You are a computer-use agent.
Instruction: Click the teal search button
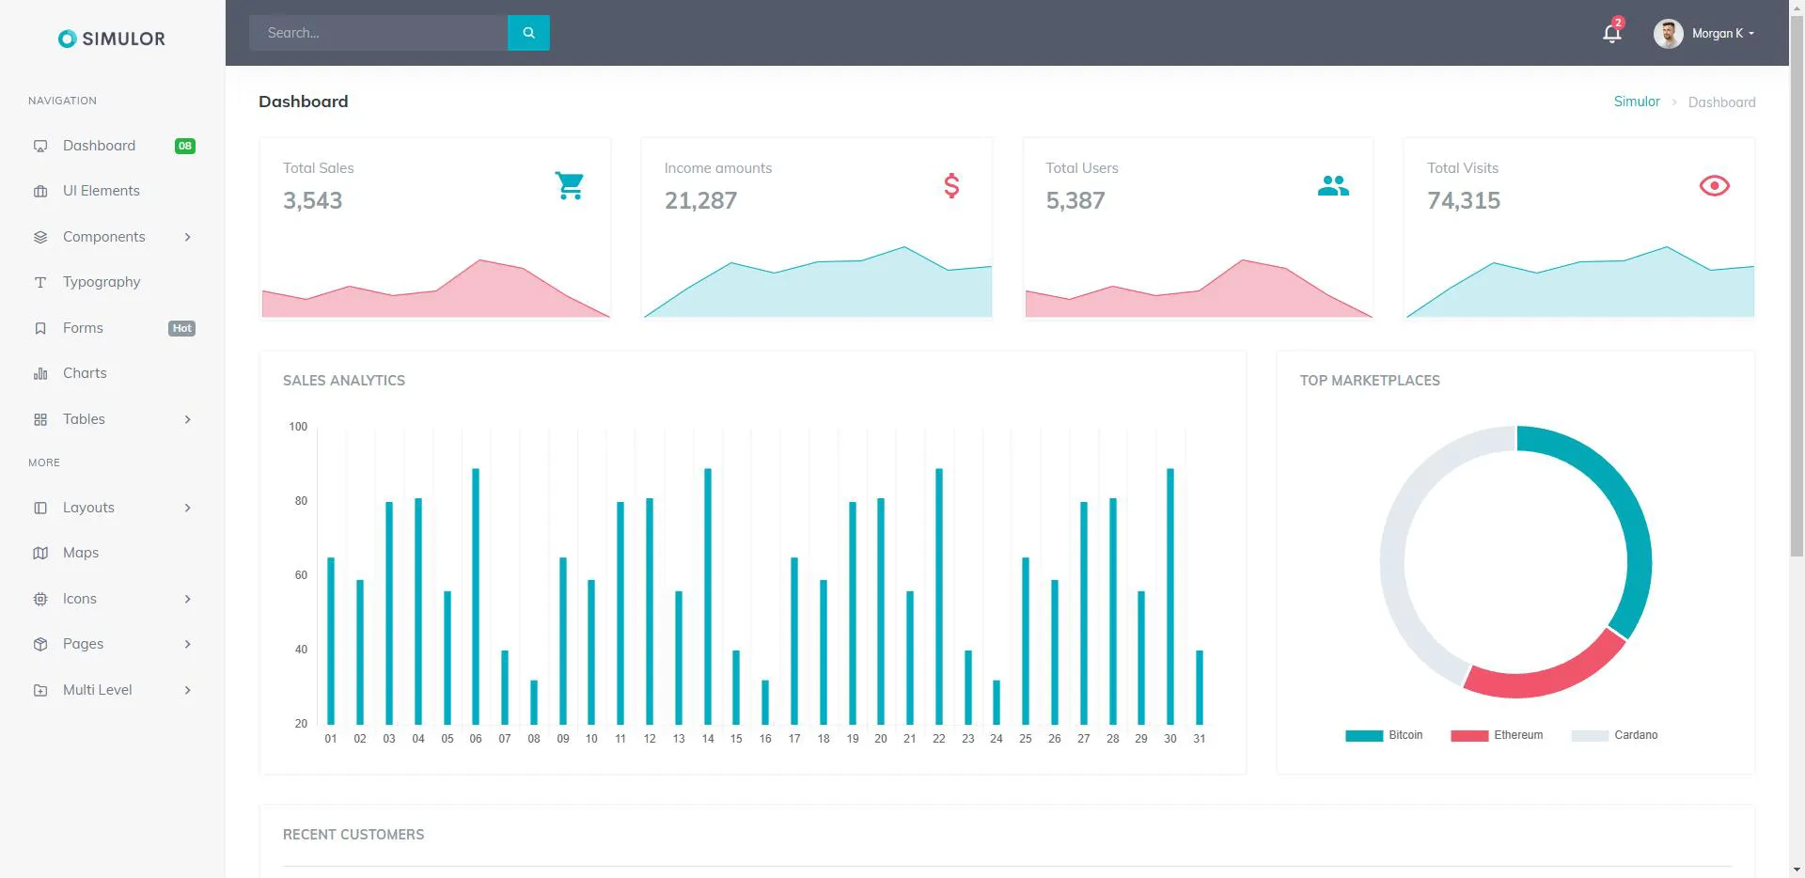528,33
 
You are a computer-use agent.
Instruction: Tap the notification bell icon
1611,34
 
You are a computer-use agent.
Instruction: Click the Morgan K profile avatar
1668,34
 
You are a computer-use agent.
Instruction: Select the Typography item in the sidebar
102,282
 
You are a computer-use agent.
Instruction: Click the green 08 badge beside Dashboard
185,146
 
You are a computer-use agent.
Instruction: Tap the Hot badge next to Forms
182,328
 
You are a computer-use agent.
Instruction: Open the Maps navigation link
81,553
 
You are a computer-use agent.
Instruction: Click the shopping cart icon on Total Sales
570,185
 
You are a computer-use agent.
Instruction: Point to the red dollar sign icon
951,185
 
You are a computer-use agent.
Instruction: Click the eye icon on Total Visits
1715,185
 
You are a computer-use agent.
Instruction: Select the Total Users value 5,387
1075,200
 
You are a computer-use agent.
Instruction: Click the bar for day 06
476,596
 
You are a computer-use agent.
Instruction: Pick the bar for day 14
708,596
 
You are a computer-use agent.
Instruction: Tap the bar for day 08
534,702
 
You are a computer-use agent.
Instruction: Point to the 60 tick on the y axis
301,575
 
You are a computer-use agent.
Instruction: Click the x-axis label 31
1200,739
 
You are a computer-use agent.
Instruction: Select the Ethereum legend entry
1497,735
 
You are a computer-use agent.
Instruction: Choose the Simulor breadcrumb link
1637,102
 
